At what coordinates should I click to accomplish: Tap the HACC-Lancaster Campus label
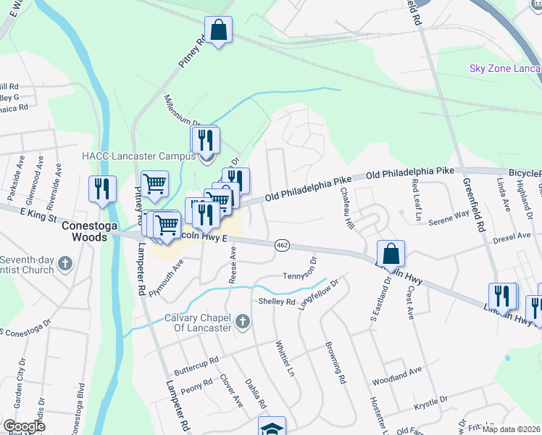pos(138,156)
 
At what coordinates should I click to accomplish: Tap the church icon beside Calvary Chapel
pos(243,320)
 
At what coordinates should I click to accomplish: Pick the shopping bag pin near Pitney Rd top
pos(218,30)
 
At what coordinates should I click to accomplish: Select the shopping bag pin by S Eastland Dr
pos(391,254)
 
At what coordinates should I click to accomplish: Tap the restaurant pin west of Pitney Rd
pos(101,190)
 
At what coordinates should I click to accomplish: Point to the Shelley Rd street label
pos(277,301)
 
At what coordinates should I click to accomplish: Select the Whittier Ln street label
pos(285,359)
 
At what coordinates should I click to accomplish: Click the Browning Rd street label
pos(333,362)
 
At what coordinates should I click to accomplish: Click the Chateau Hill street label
pos(345,209)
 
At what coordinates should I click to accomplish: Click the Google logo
pos(24,426)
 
